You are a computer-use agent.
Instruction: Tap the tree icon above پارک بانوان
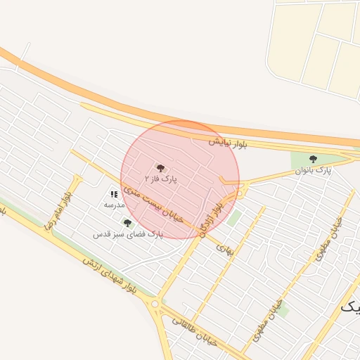[x=313, y=159]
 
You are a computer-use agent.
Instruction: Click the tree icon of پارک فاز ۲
[x=161, y=167]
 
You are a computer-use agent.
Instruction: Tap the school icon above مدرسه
[x=114, y=193]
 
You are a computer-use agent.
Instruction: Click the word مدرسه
[x=114, y=205]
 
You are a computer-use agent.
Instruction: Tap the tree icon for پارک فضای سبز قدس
[x=127, y=223]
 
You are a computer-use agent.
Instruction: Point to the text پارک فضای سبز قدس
[x=127, y=233]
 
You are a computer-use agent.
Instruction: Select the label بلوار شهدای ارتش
[x=107, y=275]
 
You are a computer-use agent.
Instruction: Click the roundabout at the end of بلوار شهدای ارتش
[x=155, y=304]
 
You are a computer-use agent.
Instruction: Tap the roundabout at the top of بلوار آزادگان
[x=240, y=193]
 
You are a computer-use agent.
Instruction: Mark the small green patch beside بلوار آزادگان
[x=234, y=218]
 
